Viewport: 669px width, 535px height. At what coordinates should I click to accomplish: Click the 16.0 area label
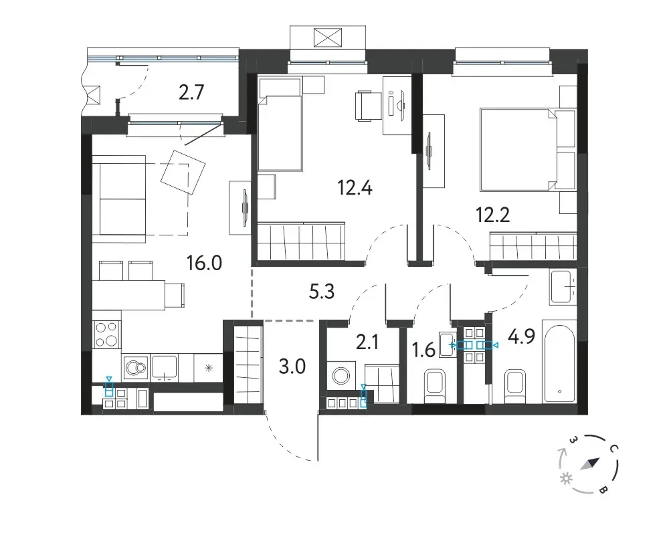(x=204, y=263)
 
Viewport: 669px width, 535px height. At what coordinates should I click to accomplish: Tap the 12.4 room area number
(x=355, y=187)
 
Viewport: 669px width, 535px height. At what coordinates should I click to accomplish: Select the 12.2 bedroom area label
(x=493, y=215)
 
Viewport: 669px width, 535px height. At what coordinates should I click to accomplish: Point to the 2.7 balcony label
(x=191, y=92)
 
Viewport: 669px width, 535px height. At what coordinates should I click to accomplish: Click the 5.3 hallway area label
(x=321, y=292)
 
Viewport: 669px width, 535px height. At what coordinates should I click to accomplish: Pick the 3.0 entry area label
(x=292, y=366)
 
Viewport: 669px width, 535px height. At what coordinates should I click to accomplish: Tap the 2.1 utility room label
(x=367, y=342)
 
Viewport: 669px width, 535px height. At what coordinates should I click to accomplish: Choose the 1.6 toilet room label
(x=423, y=350)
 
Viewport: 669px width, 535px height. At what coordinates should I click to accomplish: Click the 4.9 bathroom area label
(x=521, y=336)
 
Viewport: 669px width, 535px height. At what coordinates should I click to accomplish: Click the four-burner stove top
(x=106, y=334)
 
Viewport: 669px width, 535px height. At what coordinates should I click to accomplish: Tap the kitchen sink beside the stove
(x=165, y=368)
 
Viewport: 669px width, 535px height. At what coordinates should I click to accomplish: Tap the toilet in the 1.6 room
(x=436, y=386)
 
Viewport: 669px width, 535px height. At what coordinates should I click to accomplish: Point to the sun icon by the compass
(x=567, y=478)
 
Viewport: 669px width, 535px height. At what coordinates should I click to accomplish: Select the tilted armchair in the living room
(x=183, y=172)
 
